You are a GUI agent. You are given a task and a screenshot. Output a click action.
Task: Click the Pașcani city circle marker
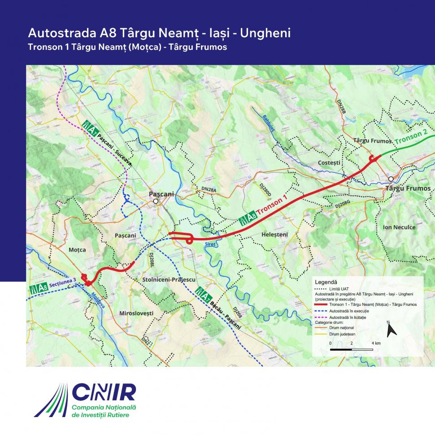coord(156,201)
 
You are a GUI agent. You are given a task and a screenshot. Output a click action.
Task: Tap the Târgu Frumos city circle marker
coord(391,179)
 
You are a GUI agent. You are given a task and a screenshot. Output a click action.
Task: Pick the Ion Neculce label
coord(399,227)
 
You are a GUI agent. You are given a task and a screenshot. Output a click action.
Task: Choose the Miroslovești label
coord(136,313)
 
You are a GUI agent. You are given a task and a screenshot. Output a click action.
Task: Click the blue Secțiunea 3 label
coord(63,281)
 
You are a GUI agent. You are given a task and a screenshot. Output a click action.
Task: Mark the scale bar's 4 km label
coord(376,343)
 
